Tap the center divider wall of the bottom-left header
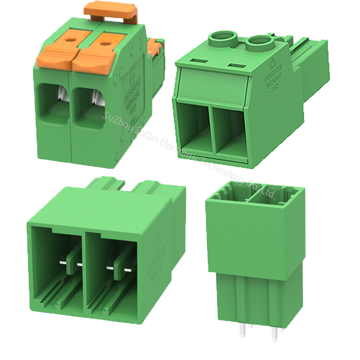(x=85, y=270)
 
